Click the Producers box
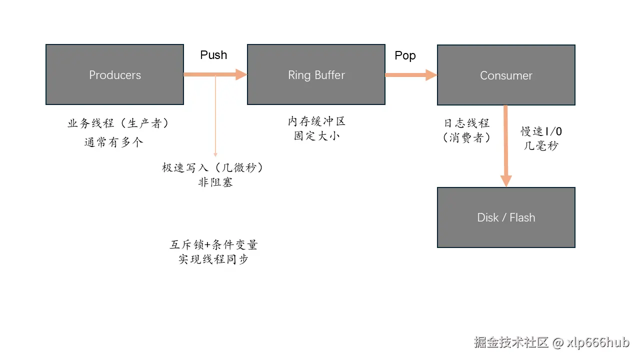tap(115, 74)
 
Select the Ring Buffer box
tap(316, 74)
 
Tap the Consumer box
tap(506, 75)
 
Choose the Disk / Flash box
tap(506, 217)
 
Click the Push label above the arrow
tap(213, 55)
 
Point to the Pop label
tap(405, 55)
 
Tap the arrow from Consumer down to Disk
tap(506, 145)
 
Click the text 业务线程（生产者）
tap(118, 123)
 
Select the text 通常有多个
tap(114, 142)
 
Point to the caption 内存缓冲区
tap(316, 121)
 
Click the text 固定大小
tap(316, 135)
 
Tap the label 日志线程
tap(466, 123)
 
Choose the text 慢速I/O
tap(541, 131)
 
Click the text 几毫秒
tap(541, 146)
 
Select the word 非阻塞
tap(215, 182)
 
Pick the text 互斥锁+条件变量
tap(214, 245)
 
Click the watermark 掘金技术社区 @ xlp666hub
tap(551, 342)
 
